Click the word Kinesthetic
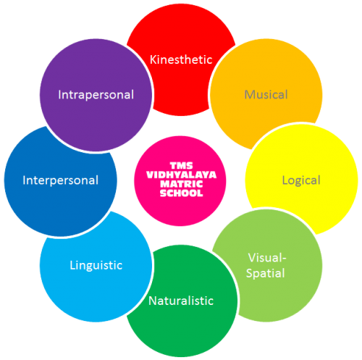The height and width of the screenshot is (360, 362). point(181,59)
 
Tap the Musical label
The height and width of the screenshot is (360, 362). point(266,94)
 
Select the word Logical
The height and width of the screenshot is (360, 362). point(301,180)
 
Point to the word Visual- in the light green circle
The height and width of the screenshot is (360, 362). point(267,258)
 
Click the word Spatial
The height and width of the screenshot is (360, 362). point(266,274)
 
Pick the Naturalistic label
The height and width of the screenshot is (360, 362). point(181,301)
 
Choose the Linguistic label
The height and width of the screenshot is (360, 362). point(96,266)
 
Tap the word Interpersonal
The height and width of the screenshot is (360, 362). point(61,180)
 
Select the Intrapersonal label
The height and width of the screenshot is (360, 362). point(96,95)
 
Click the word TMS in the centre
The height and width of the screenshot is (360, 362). point(181,166)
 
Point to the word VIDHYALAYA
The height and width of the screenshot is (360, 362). point(181,175)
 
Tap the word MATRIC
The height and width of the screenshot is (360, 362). point(181,184)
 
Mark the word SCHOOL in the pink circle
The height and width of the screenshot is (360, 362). point(181,193)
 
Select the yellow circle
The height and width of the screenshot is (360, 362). point(313,169)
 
